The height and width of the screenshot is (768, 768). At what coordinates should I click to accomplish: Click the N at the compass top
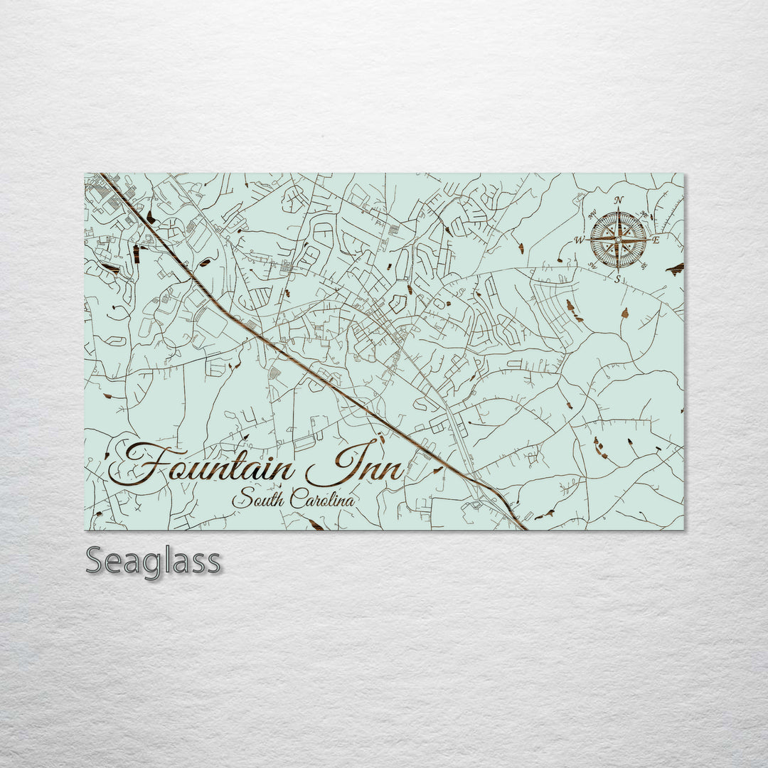[619, 200]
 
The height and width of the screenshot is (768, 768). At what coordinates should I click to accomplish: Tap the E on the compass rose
[656, 240]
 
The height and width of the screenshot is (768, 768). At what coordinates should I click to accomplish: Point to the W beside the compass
[580, 240]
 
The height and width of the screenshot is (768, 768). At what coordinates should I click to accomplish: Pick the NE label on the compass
[644, 214]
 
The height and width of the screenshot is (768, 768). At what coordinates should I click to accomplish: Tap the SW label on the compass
[592, 266]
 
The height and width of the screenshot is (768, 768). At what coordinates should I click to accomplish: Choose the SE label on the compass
[643, 265]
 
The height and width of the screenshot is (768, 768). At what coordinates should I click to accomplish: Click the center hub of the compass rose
[618, 240]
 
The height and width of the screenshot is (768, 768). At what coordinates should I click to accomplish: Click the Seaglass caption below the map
[153, 562]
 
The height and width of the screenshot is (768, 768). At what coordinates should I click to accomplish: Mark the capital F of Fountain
[142, 466]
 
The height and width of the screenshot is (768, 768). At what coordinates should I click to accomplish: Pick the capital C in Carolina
[296, 499]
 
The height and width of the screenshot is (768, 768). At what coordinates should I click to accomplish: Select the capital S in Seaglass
[96, 562]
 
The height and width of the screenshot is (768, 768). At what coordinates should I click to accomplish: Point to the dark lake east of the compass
[674, 268]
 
